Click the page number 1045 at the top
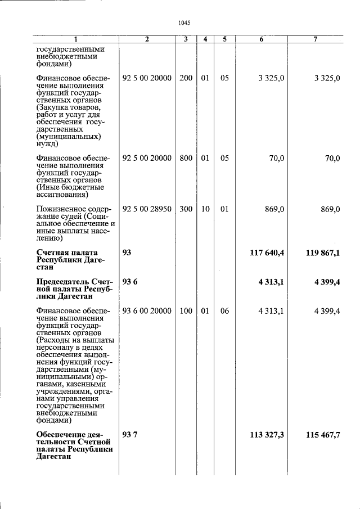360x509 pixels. click(184, 23)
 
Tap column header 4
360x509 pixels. click(205, 39)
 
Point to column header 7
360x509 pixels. click(316, 39)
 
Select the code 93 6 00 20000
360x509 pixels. click(147, 311)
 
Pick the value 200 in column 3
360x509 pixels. click(186, 78)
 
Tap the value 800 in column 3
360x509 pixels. click(186, 159)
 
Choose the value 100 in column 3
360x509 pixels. click(186, 311)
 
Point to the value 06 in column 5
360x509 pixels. click(224, 311)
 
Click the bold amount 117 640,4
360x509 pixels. click(267, 253)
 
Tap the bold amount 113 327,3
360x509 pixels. click(267, 435)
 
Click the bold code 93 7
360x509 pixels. click(129, 435)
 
